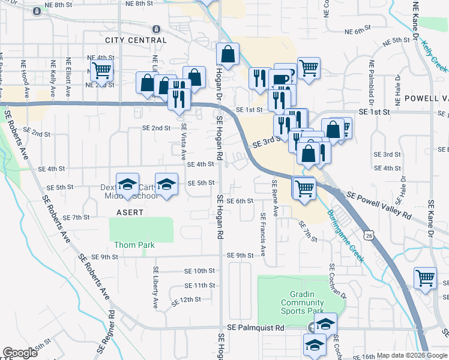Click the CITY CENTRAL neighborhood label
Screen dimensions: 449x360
click(x=136, y=40)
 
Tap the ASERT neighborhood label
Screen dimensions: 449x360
click(x=130, y=212)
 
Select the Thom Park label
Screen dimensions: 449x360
click(x=134, y=245)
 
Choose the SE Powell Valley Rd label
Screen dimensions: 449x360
click(x=379, y=204)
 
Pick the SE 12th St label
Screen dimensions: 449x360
click(x=185, y=299)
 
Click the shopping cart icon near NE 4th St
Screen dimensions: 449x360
click(x=101, y=70)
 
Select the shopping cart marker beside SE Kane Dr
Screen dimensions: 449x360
click(x=425, y=278)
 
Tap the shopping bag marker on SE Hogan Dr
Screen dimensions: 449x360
click(x=228, y=55)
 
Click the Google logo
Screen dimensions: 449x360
click(x=20, y=353)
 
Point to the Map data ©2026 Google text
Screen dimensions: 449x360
click(x=411, y=355)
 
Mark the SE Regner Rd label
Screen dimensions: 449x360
click(x=112, y=334)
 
